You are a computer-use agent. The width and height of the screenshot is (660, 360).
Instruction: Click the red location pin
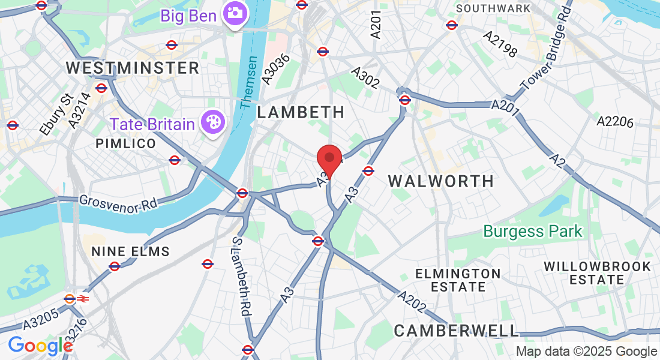click(x=329, y=158)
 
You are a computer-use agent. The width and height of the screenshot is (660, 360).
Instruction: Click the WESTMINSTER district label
click(x=133, y=68)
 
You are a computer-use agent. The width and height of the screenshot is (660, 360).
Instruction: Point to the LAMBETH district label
click(x=301, y=112)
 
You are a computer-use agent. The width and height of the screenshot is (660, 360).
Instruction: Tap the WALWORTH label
click(x=441, y=181)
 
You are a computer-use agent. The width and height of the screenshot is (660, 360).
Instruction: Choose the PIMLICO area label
click(x=125, y=144)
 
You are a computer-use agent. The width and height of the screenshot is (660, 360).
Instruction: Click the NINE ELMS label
click(x=130, y=251)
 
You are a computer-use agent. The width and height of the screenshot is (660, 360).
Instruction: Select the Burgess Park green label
click(x=533, y=231)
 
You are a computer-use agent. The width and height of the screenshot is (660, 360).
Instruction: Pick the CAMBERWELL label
click(x=456, y=330)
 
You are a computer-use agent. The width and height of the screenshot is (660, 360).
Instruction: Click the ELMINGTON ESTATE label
click(x=458, y=280)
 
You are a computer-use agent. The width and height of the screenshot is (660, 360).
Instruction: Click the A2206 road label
click(x=615, y=122)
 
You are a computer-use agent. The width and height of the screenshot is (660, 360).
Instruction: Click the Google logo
click(x=40, y=346)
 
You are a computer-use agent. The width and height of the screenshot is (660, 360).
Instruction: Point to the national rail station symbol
click(x=83, y=298)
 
